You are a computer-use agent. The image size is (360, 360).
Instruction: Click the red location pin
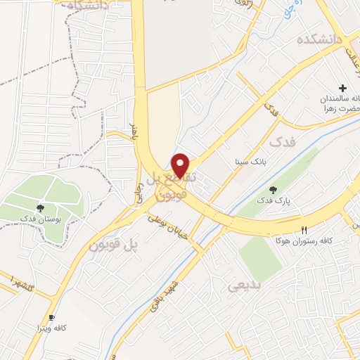181,165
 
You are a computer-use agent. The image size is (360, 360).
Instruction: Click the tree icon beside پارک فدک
273,189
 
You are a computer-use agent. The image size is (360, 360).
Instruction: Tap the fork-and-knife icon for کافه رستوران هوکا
304,229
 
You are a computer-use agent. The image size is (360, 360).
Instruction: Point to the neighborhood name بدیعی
244,285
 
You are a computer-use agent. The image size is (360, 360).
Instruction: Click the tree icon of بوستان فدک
41,207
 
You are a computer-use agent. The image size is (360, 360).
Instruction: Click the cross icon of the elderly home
343,89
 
